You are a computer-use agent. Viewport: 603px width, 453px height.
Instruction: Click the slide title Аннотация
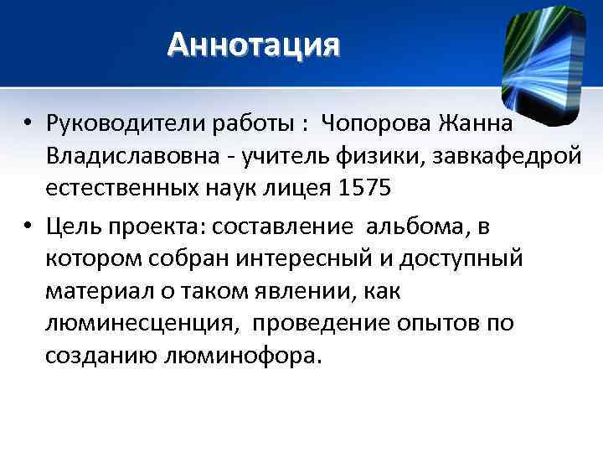tap(254, 43)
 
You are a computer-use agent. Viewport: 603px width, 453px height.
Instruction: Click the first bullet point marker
tap(28, 125)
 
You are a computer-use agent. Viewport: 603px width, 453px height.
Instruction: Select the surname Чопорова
tap(373, 124)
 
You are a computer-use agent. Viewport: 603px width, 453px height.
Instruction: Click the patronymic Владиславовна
tap(130, 156)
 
